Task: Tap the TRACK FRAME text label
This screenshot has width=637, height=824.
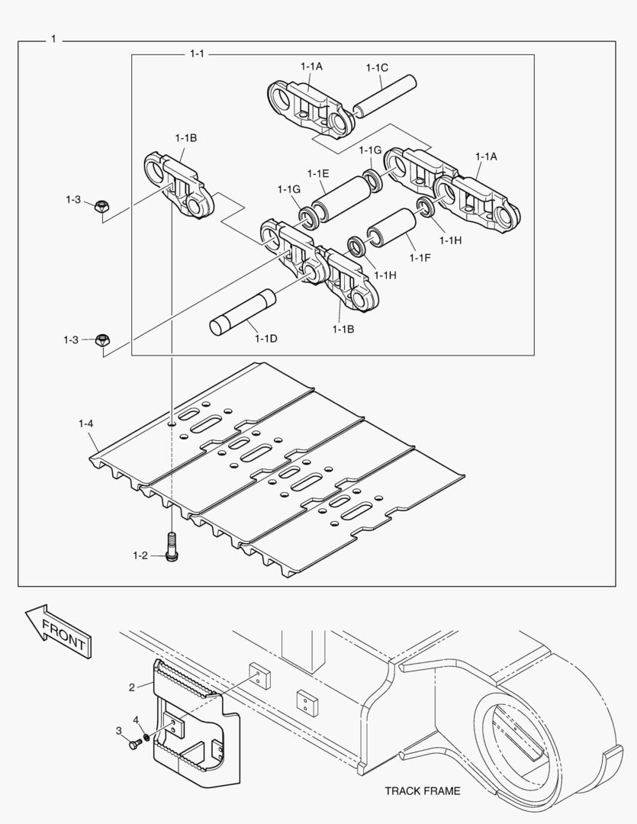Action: [422, 790]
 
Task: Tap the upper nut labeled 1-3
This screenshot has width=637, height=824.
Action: [101, 207]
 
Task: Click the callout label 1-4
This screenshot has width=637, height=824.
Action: [85, 423]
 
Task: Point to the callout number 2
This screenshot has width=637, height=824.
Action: [131, 687]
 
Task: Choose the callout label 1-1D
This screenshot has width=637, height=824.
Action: [266, 338]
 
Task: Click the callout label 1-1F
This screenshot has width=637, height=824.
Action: [420, 258]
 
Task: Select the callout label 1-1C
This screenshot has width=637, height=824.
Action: [377, 67]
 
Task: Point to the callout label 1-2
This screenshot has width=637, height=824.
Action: [139, 555]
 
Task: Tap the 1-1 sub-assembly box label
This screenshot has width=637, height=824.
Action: [197, 54]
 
